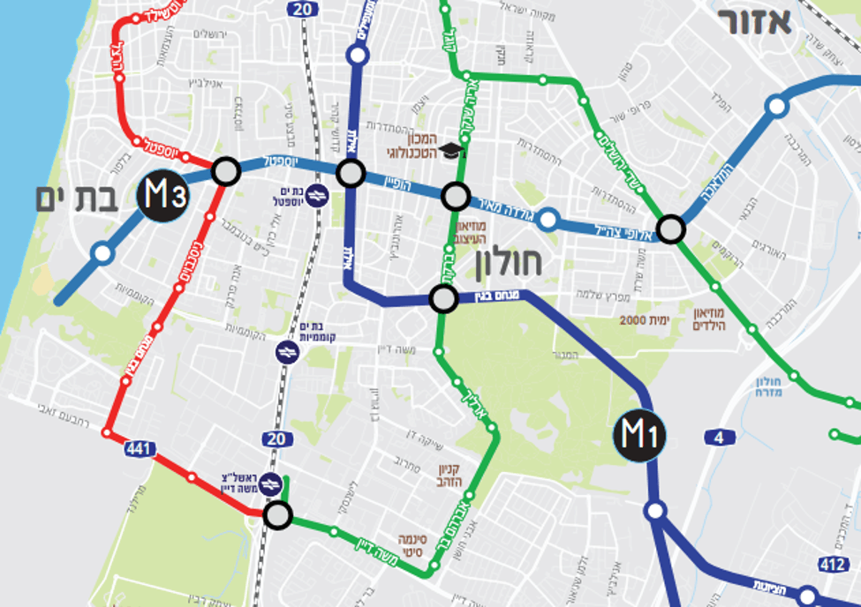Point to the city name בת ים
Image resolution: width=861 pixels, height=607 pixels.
(77, 199)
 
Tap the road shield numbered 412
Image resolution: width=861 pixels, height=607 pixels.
(833, 563)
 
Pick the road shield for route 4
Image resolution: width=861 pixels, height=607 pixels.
(720, 437)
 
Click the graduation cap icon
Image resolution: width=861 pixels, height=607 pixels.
(452, 151)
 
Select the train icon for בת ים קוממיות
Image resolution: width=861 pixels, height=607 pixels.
(287, 352)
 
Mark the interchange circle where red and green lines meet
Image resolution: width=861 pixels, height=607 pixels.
(278, 514)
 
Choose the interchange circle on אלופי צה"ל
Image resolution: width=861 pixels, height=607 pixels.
(671, 229)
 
